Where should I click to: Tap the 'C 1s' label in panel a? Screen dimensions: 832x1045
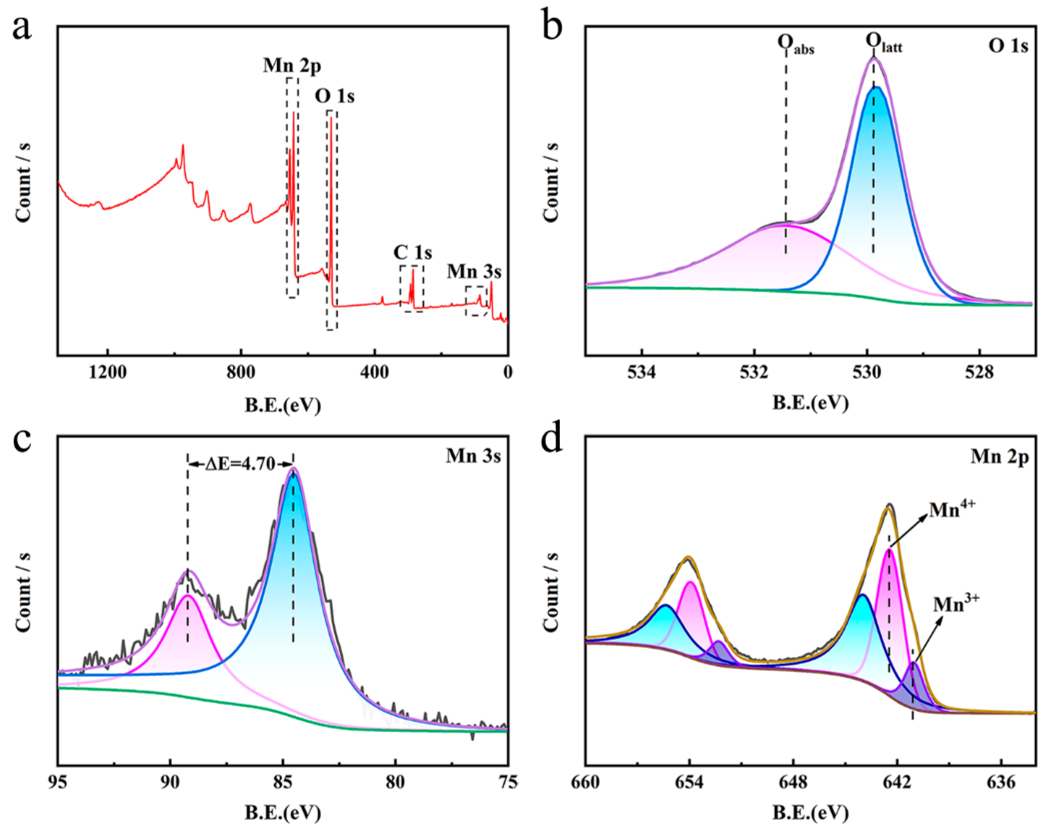tap(413, 253)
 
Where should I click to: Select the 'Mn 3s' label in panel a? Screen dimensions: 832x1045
tap(473, 271)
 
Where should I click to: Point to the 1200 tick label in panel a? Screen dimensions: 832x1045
tap(108, 373)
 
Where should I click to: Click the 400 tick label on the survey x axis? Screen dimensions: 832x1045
tap(374, 373)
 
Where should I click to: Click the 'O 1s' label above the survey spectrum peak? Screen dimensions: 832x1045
tap(334, 96)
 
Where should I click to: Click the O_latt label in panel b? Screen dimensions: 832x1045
tap(884, 44)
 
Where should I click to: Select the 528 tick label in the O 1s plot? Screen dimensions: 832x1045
tap(979, 373)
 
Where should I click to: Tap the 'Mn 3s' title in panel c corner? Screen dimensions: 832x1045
tap(473, 456)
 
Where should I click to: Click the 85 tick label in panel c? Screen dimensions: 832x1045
tap(283, 781)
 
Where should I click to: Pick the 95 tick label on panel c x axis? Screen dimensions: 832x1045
tap(58, 781)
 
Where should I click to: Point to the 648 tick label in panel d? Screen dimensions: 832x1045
tap(793, 781)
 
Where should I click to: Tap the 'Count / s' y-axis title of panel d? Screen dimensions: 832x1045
tap(551, 591)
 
